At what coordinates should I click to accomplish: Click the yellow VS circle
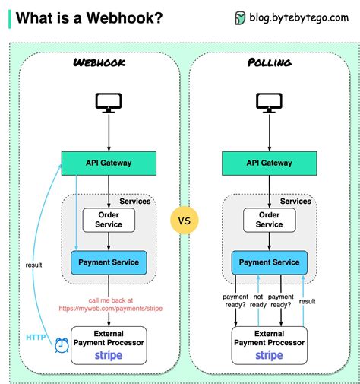pyautogui.click(x=185, y=221)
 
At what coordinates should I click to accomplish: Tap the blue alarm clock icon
pyautogui.click(x=62, y=345)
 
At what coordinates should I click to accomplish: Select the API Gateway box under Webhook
pyautogui.click(x=109, y=163)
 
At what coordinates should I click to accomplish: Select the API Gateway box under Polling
pyautogui.click(x=270, y=163)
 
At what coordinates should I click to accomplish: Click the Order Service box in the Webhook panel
pyautogui.click(x=109, y=220)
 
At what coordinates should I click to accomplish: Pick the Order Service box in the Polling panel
pyautogui.click(x=270, y=220)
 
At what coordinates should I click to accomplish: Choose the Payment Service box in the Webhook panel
pyautogui.click(x=109, y=262)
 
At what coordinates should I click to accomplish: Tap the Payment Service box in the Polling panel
pyautogui.click(x=270, y=262)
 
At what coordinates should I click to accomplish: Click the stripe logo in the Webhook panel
pyautogui.click(x=109, y=355)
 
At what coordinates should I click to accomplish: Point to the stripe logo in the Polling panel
pyautogui.click(x=269, y=355)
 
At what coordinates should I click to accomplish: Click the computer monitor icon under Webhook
pyautogui.click(x=109, y=103)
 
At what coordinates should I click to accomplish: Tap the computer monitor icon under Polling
pyautogui.click(x=269, y=103)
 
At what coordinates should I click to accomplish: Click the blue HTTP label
pyautogui.click(x=36, y=338)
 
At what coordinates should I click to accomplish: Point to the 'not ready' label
pyautogui.click(x=258, y=300)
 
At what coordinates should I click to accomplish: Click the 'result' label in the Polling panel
pyautogui.click(x=307, y=301)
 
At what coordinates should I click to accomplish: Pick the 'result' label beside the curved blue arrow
pyautogui.click(x=33, y=265)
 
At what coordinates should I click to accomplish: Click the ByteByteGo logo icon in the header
pyautogui.click(x=240, y=18)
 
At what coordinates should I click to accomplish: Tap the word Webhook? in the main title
pyautogui.click(x=125, y=18)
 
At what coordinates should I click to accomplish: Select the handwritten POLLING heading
pyautogui.click(x=270, y=62)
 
